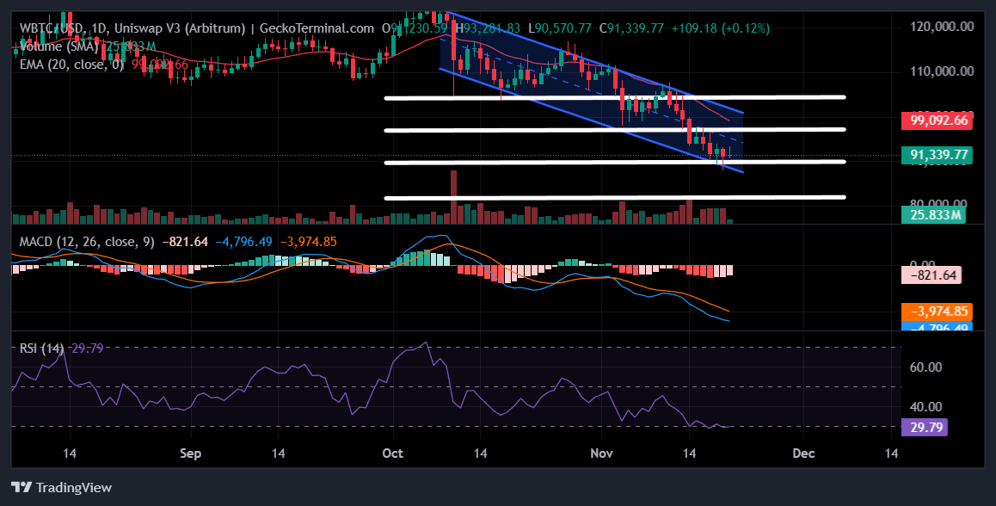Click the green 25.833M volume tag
tap(937, 214)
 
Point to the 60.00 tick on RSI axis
tap(925, 367)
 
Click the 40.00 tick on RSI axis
tap(925, 406)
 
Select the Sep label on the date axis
tap(191, 453)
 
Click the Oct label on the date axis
tap(392, 453)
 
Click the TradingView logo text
tap(63, 488)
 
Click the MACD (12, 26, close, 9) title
tap(87, 242)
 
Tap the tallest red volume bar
tap(453, 196)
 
